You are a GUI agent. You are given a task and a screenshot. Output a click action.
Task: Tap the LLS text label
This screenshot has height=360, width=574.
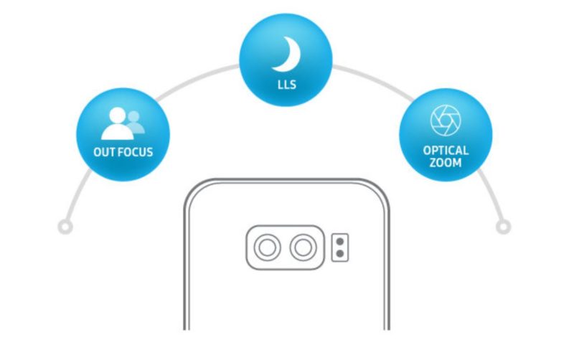point(286,85)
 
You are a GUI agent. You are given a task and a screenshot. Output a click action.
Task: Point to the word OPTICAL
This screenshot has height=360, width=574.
point(446,151)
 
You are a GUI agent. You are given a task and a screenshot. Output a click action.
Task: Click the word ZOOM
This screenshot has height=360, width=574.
point(446,162)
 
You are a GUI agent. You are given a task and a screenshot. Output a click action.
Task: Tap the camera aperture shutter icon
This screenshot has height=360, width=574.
point(446,120)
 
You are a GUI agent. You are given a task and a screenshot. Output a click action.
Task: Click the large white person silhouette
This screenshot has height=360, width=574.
point(118,123)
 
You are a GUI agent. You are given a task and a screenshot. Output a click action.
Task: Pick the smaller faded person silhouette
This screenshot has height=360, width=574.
point(136,122)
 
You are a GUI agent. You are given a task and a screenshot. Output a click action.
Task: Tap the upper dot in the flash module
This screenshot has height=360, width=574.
point(339,242)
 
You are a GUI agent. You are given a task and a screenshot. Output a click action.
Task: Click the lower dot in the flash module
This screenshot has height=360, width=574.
point(339,254)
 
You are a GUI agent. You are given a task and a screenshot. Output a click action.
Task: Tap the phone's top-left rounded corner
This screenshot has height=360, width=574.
point(192,188)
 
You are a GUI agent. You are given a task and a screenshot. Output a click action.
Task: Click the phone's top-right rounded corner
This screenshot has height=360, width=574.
point(382,188)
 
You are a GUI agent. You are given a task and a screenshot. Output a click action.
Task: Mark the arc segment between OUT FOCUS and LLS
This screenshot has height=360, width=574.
point(195,79)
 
